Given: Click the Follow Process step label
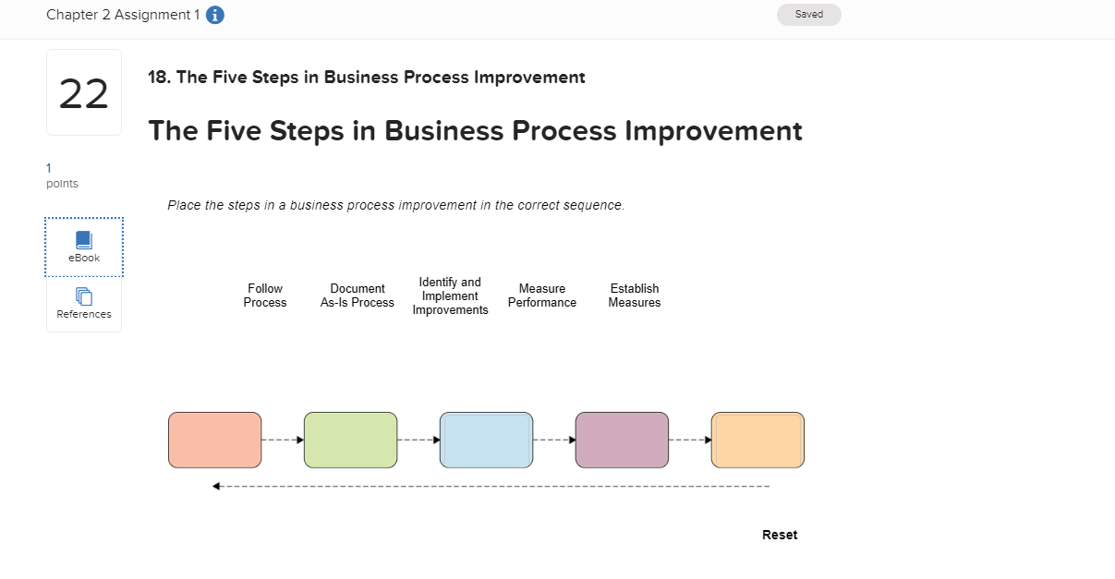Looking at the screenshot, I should tap(265, 296).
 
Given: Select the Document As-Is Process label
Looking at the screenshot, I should tap(358, 296).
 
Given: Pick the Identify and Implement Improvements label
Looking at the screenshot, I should tap(450, 296).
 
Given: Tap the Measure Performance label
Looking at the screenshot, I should tap(542, 296).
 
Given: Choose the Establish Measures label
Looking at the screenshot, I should tap(635, 296).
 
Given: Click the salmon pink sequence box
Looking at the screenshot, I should tap(214, 440).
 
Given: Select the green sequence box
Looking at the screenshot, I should tap(350, 440).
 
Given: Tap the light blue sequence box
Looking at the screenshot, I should tap(486, 440).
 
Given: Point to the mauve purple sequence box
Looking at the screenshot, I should tap(622, 440).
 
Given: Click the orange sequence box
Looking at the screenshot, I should tap(757, 440).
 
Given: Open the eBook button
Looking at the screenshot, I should tap(84, 247).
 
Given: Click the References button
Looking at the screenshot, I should tap(84, 303).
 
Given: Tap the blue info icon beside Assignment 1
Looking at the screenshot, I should tap(215, 16).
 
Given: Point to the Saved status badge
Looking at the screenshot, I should tap(808, 15).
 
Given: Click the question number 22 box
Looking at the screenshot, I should tap(84, 93).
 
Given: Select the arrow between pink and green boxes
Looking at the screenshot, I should tap(283, 440).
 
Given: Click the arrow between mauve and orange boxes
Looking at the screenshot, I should tap(690, 440).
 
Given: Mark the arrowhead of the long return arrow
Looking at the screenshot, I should tap(216, 487).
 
